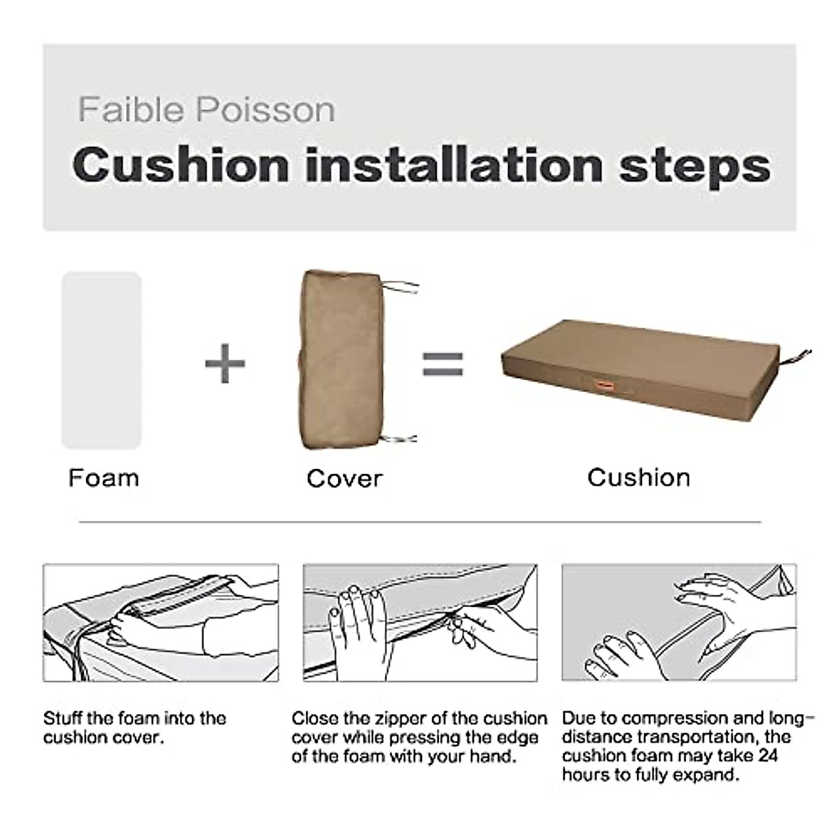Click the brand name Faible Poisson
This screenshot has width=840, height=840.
pyautogui.click(x=206, y=111)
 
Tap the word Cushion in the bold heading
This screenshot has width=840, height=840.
pyautogui.click(x=181, y=165)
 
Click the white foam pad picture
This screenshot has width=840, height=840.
pyautogui.click(x=102, y=360)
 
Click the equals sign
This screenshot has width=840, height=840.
pyautogui.click(x=443, y=363)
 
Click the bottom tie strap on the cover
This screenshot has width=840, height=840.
pyautogui.click(x=402, y=439)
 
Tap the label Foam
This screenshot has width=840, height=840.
pyautogui.click(x=104, y=478)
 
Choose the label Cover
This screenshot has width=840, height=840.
pyautogui.click(x=344, y=479)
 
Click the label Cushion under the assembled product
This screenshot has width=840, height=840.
pyautogui.click(x=638, y=477)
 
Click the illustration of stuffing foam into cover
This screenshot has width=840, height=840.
pyautogui.click(x=160, y=623)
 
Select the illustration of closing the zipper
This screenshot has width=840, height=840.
pyautogui.click(x=420, y=623)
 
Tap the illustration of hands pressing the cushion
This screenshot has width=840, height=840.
pyautogui.click(x=679, y=623)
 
